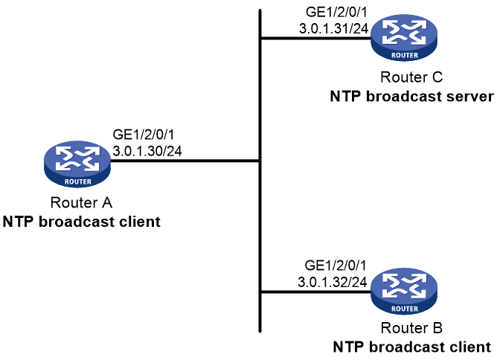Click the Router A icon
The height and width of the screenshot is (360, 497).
[x=77, y=164]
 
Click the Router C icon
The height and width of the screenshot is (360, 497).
[x=404, y=38]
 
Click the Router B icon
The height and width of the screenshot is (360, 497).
[x=404, y=292]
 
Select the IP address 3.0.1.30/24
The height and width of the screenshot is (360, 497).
[x=147, y=151]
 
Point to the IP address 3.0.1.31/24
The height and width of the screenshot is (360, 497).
[x=333, y=29]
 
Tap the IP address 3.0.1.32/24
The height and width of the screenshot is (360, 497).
[x=333, y=282]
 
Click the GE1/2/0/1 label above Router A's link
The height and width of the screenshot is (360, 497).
[x=144, y=135]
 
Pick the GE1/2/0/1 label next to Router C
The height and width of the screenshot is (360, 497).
[x=336, y=13]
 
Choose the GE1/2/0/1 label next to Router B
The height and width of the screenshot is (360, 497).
[x=336, y=266]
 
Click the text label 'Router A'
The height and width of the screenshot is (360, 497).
[x=81, y=202]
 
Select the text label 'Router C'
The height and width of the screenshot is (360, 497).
[x=411, y=77]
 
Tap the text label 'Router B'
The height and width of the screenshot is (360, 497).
[x=411, y=328]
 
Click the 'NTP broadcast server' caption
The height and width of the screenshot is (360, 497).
[x=411, y=97]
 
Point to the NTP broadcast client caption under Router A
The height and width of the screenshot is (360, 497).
[x=81, y=222]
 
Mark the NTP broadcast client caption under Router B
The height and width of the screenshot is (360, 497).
[x=411, y=347]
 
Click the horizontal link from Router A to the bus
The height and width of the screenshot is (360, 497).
[x=185, y=161]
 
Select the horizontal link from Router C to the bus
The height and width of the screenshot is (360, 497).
[x=315, y=39]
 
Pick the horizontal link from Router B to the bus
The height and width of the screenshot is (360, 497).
[x=315, y=292]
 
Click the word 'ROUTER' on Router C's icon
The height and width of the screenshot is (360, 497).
[x=405, y=56]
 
